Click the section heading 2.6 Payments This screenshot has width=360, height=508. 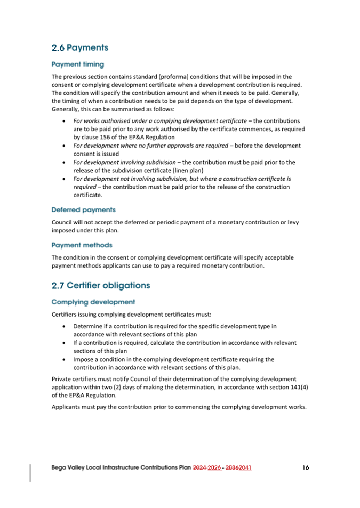pos(80,48)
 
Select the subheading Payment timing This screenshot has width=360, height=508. pos(78,64)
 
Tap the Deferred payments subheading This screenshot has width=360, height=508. pos(83,210)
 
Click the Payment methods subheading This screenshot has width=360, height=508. pos(82,245)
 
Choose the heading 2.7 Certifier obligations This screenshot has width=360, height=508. pos(101,286)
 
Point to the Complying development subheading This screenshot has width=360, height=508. pos(93,302)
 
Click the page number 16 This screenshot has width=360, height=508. pos(305,467)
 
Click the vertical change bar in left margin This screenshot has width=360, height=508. pos(30,472)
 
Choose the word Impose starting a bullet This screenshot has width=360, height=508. pos(84,359)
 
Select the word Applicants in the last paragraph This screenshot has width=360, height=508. pos(67,407)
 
